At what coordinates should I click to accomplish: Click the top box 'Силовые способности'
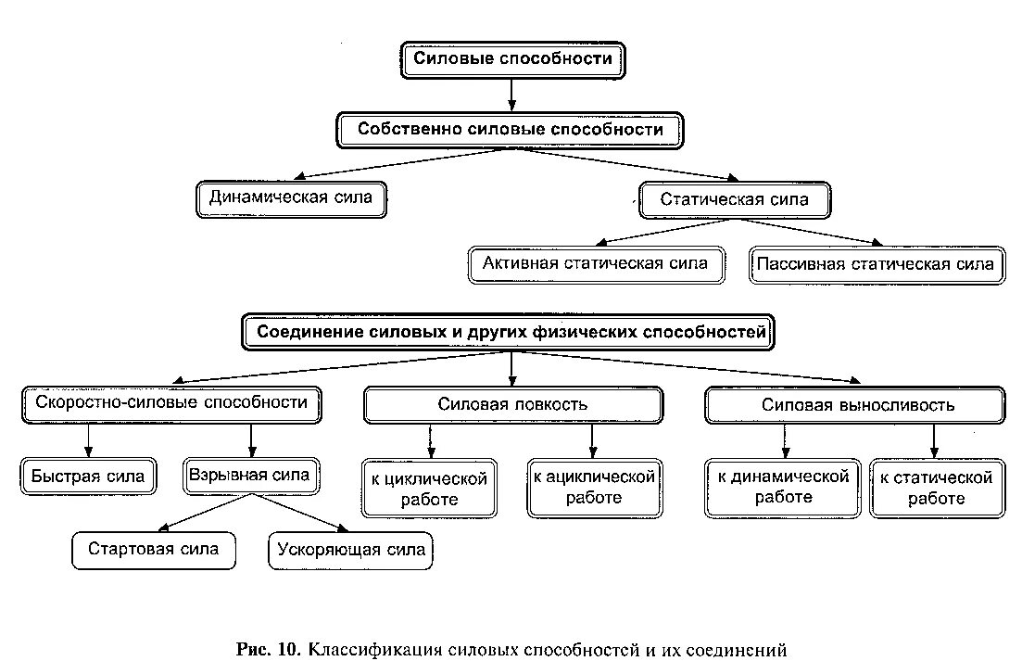(512, 59)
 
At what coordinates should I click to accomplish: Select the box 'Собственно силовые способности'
(510, 130)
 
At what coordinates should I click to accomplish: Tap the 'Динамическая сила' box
(291, 198)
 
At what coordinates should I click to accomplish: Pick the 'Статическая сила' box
(734, 199)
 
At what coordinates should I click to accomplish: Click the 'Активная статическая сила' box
(595, 263)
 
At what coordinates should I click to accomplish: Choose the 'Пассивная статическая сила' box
(875, 264)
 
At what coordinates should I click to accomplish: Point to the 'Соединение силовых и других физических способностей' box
(512, 332)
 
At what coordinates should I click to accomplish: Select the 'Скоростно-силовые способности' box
(171, 403)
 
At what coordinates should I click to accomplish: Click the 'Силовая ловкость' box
(512, 405)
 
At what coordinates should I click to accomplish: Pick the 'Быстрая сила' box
(88, 477)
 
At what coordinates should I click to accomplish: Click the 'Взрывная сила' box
(249, 475)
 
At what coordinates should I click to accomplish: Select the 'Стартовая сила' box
(153, 550)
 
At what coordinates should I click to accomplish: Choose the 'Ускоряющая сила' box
(351, 550)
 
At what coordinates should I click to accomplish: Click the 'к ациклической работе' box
(594, 488)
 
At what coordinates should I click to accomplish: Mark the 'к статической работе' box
(935, 488)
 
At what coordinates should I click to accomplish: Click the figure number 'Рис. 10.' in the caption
(268, 648)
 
